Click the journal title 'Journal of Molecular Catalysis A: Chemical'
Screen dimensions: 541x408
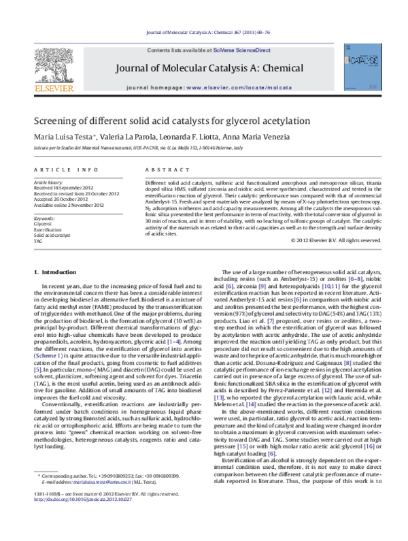tap(203, 67)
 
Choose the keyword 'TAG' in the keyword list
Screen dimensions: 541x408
tap(38, 241)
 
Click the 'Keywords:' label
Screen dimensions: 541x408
tap(44, 218)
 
